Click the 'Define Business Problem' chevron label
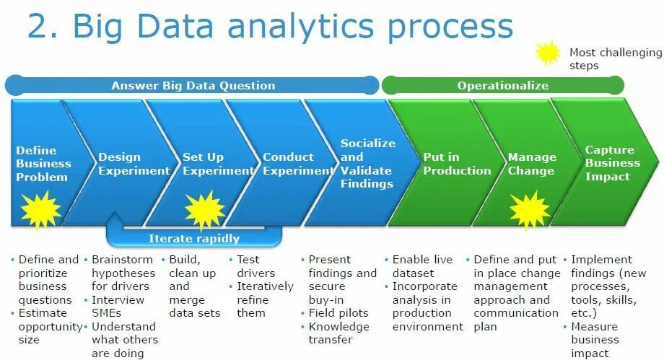42,163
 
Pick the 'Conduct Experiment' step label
287,164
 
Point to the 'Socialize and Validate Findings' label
368,163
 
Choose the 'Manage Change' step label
532,164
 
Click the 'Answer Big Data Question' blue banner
193,85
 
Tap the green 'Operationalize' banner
502,85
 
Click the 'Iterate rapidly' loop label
193,238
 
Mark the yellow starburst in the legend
549,53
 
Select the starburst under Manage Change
530,209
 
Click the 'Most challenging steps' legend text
614,58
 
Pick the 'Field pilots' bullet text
338,313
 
